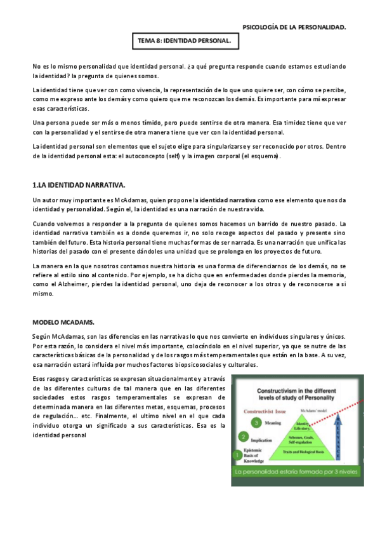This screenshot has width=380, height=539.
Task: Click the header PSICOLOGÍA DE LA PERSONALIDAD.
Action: point(294,27)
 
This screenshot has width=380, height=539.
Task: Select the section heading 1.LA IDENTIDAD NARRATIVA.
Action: point(78,185)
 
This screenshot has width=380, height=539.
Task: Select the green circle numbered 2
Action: point(244,436)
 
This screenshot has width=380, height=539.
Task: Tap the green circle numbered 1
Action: point(237,454)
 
